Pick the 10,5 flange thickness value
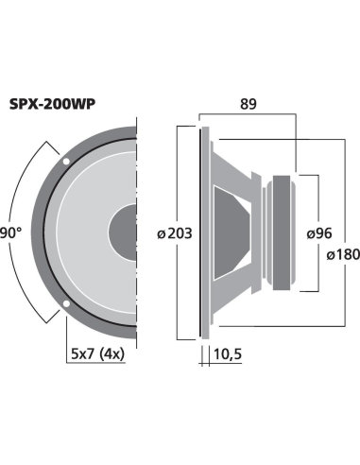(228, 354)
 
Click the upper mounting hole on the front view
(65, 161)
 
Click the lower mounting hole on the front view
(65, 302)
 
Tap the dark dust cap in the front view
(125, 232)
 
